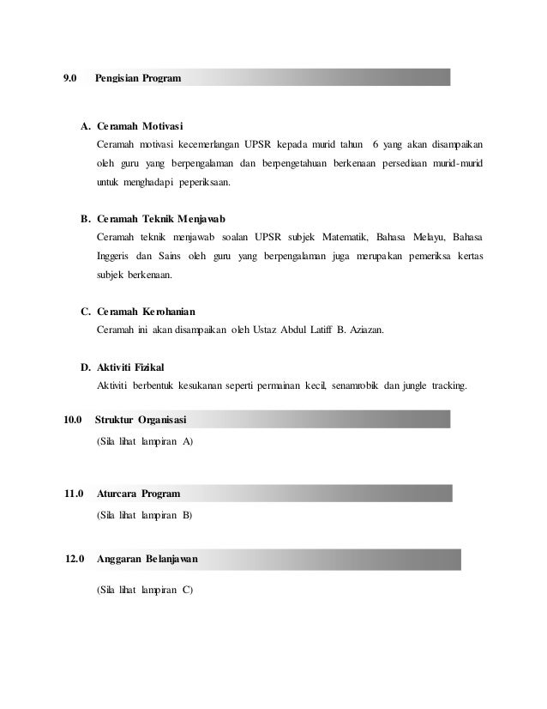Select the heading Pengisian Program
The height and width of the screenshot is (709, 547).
(x=138, y=78)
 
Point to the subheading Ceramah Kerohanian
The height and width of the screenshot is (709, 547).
(x=147, y=311)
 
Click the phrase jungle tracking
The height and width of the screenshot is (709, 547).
(x=433, y=385)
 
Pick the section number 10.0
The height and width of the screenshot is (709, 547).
(x=73, y=420)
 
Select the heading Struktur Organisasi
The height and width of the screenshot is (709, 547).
(x=143, y=420)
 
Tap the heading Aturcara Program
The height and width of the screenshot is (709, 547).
(x=138, y=494)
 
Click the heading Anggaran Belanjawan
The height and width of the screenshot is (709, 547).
(x=148, y=560)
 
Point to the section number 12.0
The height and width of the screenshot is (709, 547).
(x=75, y=560)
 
